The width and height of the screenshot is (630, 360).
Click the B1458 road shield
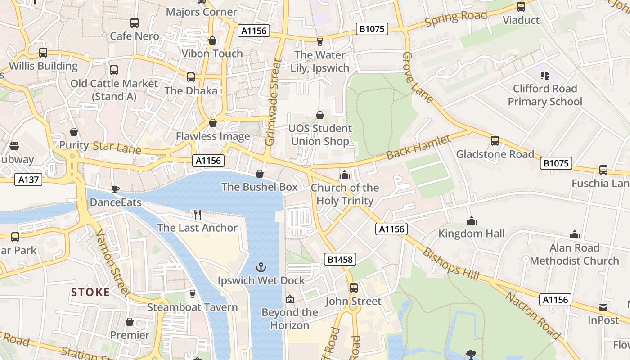coord(340,259)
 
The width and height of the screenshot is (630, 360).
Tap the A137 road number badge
coord(29,180)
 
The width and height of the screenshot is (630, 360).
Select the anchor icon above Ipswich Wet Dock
coord(261,267)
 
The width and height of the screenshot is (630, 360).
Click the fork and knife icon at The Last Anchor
coord(197,214)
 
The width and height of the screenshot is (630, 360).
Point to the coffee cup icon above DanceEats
coord(116,189)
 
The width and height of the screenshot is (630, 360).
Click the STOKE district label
coord(90,292)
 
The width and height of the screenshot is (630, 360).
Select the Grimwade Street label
coord(273,103)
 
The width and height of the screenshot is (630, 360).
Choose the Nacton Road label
coord(533,315)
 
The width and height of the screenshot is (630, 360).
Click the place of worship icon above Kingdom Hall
coord(471,221)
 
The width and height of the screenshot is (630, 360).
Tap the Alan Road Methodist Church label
coord(574,254)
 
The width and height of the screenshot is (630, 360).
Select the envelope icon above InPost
coord(603,307)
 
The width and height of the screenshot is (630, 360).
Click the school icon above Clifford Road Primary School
coord(545,75)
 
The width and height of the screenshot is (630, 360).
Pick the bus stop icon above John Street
coord(354,288)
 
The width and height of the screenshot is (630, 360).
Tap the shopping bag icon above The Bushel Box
coord(260,174)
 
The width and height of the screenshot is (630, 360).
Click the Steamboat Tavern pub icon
coord(193,294)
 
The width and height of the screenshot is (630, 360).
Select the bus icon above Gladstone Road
coord(495,141)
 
